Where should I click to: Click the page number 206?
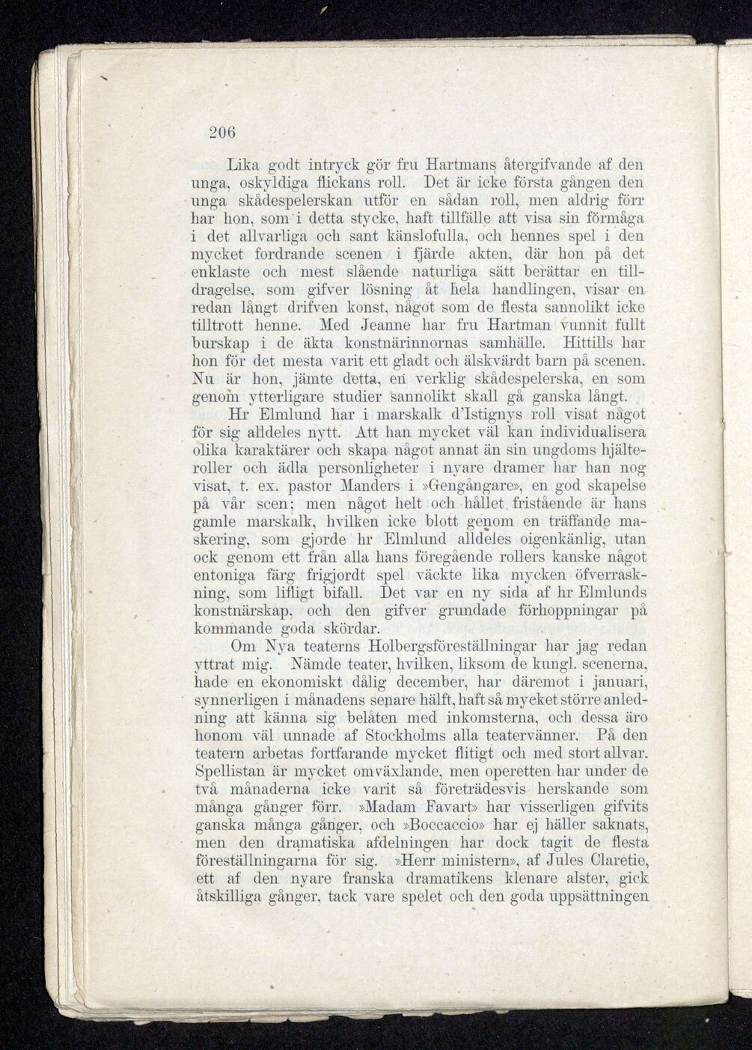click(x=222, y=132)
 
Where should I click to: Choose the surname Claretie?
click(x=617, y=861)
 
